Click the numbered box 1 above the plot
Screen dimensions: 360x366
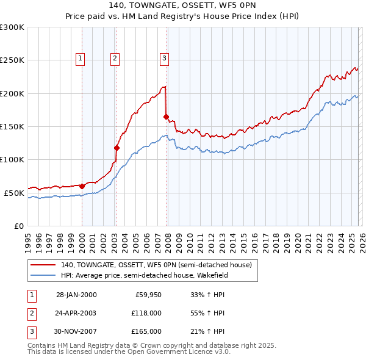point(81,59)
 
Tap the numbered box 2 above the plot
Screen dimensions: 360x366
point(115,59)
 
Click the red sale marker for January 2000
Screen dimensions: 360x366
point(82,186)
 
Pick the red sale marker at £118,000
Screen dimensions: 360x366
point(117,148)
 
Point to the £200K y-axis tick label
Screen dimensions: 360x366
point(12,93)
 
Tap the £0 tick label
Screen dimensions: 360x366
point(18,226)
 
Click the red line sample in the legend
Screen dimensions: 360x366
point(44,265)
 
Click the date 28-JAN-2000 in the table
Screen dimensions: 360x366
point(76,295)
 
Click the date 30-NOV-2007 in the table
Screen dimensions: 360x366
point(76,331)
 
